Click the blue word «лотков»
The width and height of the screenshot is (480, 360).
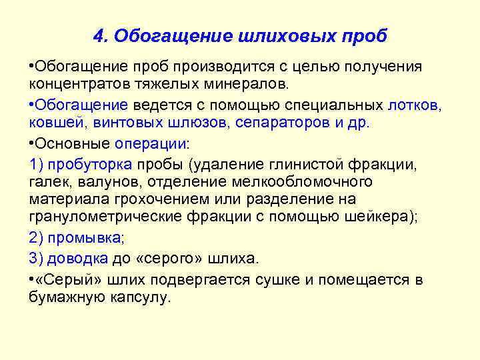coord(415,105)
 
